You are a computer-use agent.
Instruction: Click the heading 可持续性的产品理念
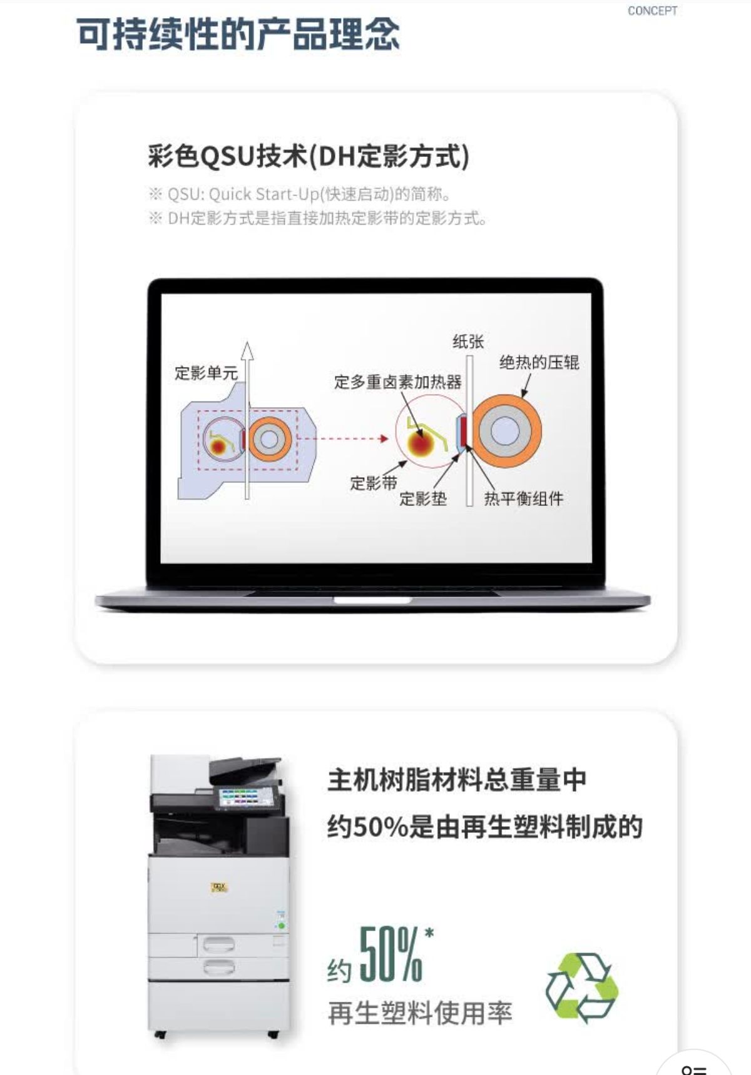pos(238,34)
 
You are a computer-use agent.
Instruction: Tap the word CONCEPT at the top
pos(652,11)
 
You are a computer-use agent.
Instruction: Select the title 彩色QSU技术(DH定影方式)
pos(309,156)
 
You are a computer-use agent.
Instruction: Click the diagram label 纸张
pos(468,341)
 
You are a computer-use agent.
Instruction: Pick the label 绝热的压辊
pos(539,362)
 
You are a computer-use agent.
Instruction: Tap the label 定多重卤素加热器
pos(397,381)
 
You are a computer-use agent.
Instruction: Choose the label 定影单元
pos(206,373)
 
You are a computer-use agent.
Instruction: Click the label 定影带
pos(373,483)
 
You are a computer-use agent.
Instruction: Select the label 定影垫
pos(423,498)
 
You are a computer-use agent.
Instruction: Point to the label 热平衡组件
pos(523,498)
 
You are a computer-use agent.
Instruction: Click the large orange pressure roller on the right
pos(506,431)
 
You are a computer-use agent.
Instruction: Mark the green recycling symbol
pos(582,987)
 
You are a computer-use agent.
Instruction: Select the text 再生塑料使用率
pos(420,1013)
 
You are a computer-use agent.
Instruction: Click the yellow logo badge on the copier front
pos(219,887)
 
